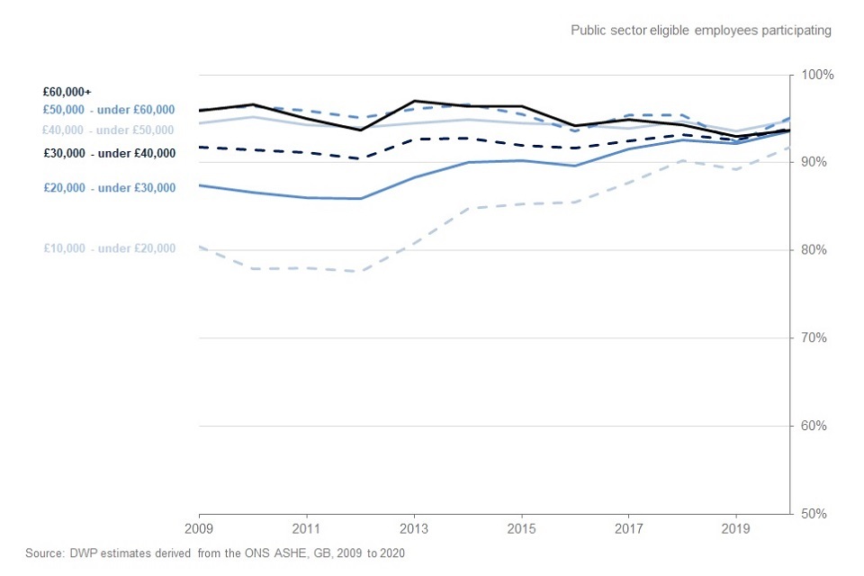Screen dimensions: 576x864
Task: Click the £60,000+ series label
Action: (67, 92)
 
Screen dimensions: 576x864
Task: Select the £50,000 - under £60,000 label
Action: (109, 110)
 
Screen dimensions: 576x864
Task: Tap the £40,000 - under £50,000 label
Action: (109, 130)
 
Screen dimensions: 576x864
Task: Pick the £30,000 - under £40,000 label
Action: (109, 153)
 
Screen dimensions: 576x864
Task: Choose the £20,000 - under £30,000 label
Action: (109, 188)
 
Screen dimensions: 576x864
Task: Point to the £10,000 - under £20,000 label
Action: (109, 248)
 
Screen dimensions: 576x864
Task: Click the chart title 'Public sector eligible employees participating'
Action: (700, 31)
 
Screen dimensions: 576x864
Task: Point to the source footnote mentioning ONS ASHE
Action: (221, 553)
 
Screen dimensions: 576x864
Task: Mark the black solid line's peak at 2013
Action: (414, 101)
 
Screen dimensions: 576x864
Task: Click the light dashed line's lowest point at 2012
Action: (360, 271)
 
